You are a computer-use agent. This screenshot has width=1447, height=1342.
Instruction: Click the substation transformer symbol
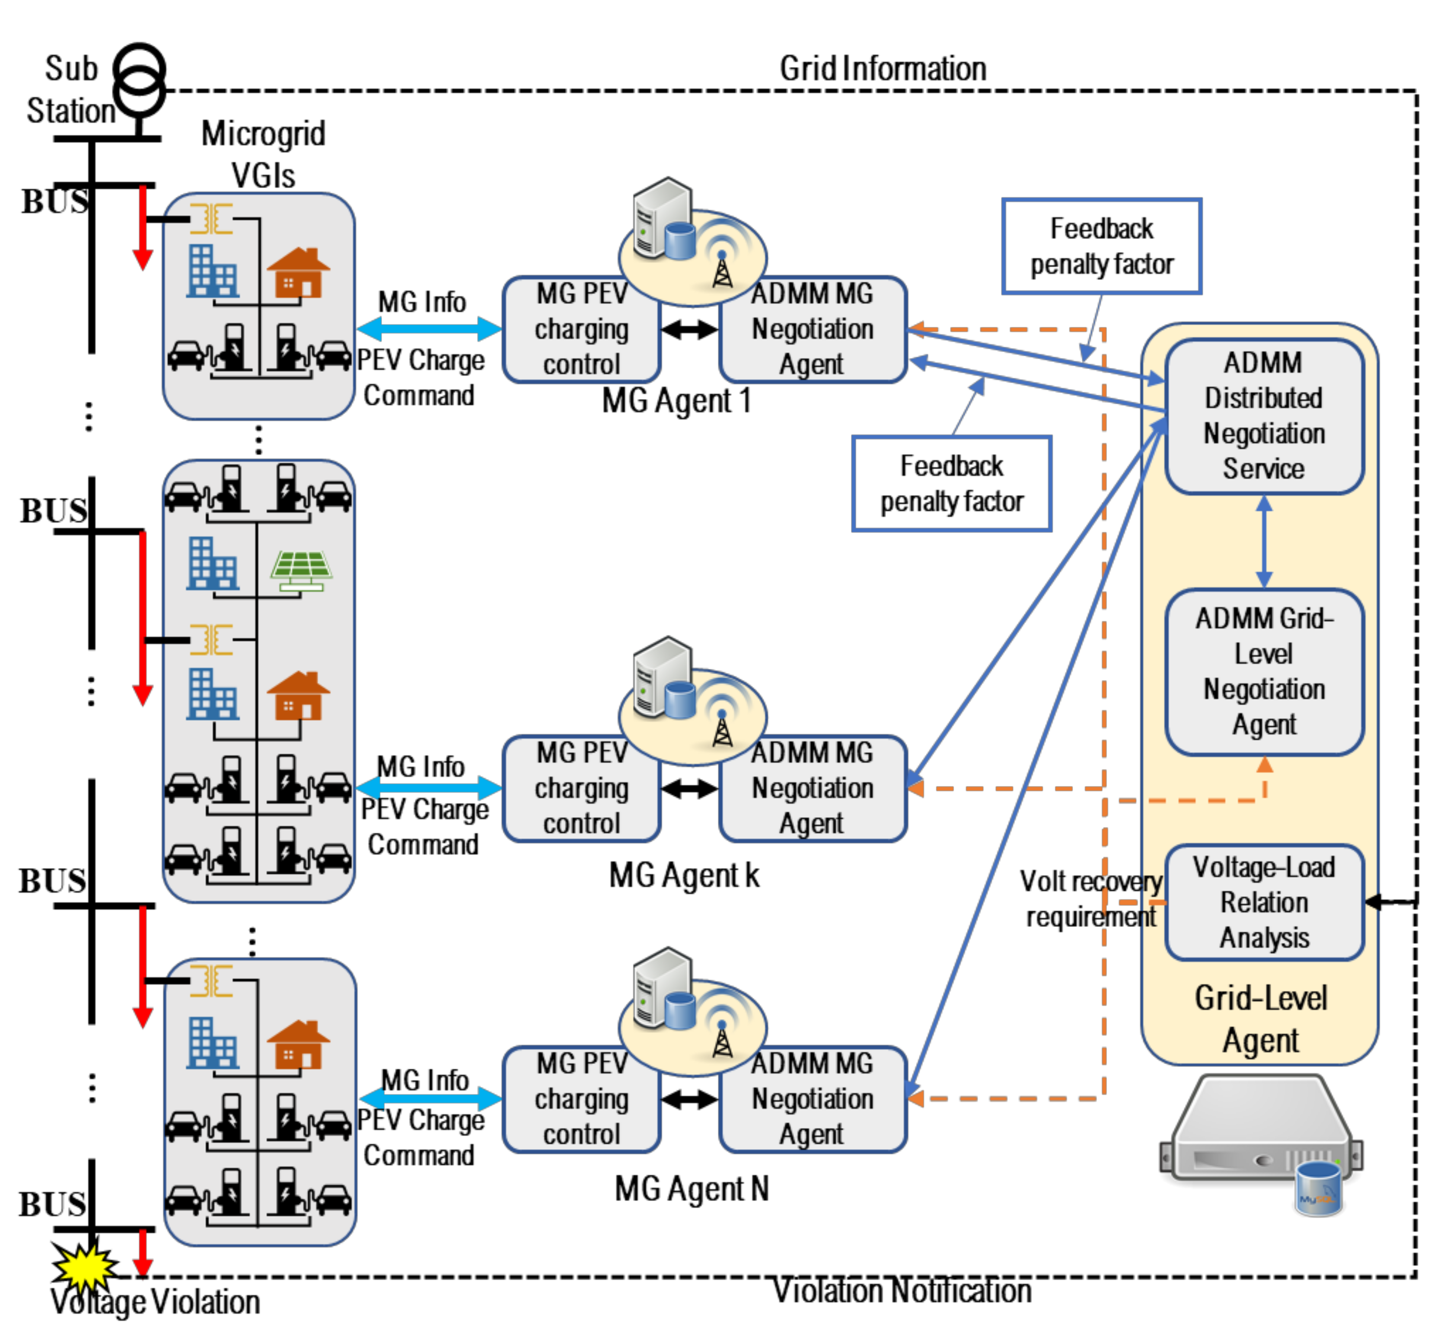pos(140,80)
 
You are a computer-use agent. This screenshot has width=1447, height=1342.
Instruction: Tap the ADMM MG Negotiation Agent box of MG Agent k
pos(812,789)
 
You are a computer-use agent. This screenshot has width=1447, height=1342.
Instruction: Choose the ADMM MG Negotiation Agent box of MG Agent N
pos(812,1099)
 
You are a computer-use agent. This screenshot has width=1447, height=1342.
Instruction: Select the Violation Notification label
pos(901,1291)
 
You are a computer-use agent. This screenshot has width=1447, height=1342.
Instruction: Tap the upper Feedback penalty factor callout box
pos(1101,246)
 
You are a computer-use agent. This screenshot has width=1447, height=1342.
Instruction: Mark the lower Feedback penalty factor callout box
pos(951,484)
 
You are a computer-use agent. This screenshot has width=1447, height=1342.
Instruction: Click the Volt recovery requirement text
pos(1090,899)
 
